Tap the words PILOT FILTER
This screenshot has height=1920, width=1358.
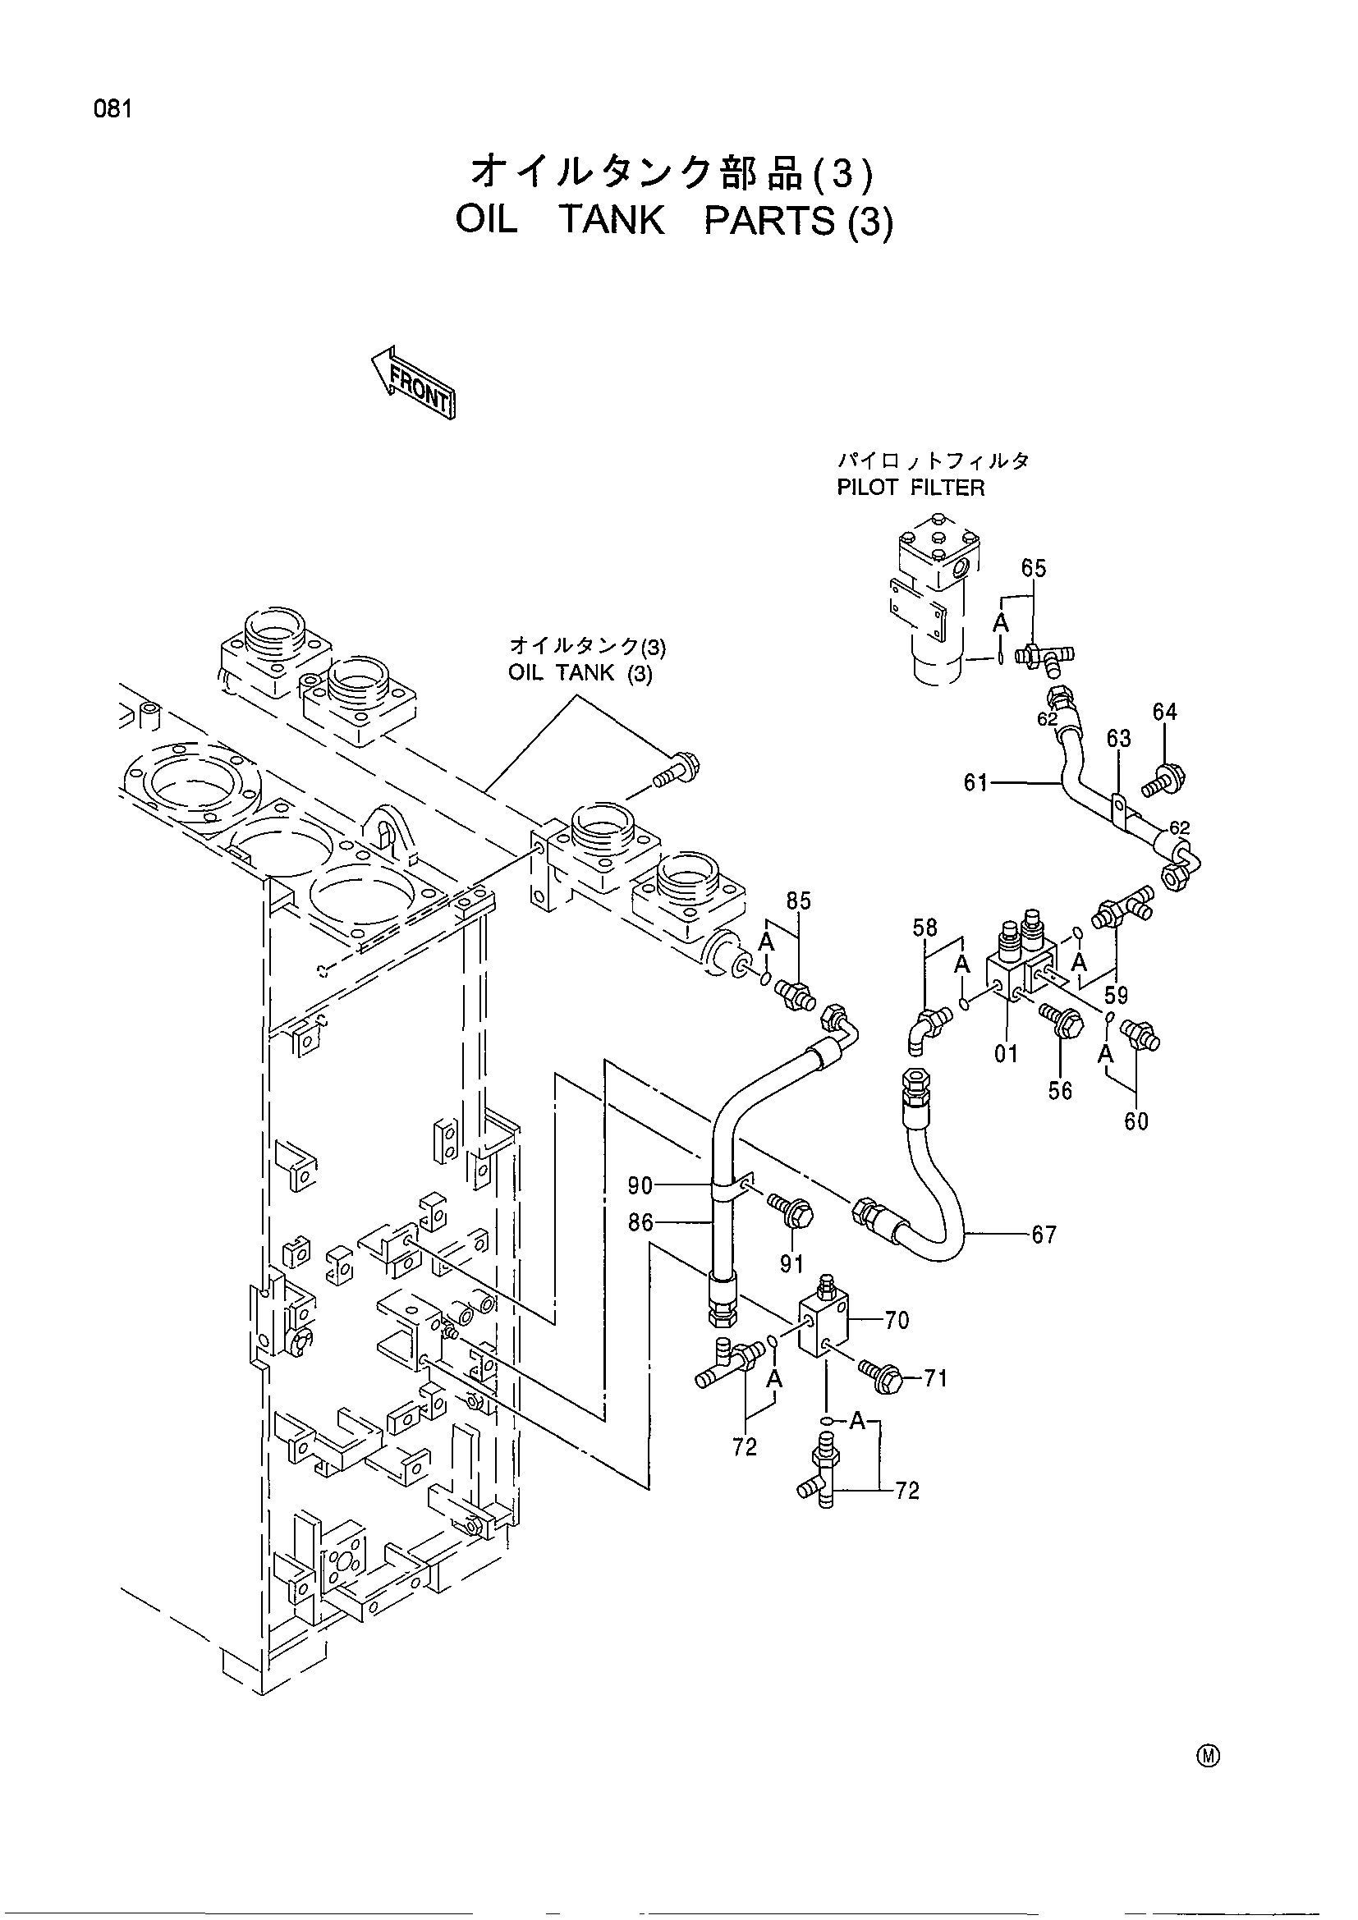911,488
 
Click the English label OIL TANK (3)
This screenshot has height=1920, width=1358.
580,673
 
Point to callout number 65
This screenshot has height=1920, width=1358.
1034,568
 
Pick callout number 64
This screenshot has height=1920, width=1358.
1165,712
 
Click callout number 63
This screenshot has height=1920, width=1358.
1119,739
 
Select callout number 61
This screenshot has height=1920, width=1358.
976,784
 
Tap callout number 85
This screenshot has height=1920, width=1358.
799,901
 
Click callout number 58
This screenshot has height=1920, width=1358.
924,928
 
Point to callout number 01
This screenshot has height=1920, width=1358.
1006,1054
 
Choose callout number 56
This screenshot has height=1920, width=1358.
1060,1090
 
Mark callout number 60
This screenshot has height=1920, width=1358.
1136,1121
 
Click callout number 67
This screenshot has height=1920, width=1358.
1044,1235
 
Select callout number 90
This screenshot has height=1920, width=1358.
640,1185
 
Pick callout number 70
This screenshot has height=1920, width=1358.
897,1321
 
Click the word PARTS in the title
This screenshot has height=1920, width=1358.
770,221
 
